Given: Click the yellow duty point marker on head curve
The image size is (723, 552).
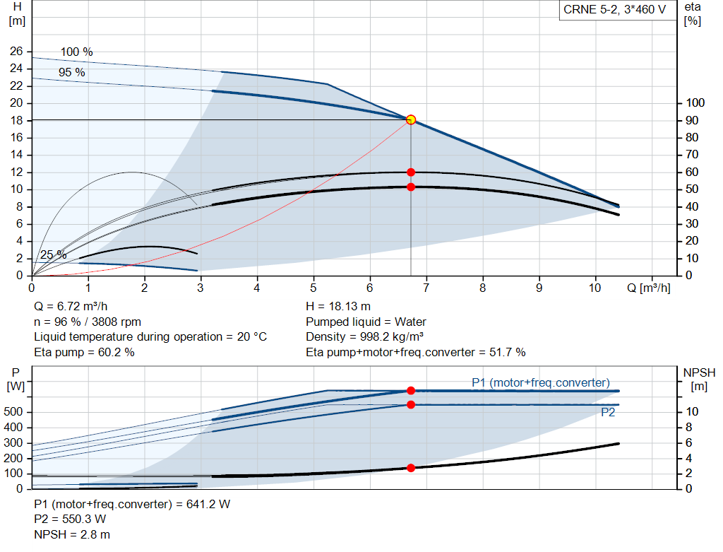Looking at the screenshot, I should (411, 119).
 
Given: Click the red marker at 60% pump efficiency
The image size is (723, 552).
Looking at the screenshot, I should (411, 172).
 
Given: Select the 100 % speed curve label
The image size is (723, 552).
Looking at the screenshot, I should (76, 52).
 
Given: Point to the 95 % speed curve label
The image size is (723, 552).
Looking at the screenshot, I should (71, 73).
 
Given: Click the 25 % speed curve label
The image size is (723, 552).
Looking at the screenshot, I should (53, 255).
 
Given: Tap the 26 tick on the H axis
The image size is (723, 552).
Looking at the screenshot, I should (16, 52).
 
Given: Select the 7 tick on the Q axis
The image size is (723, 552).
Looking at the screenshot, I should (426, 288).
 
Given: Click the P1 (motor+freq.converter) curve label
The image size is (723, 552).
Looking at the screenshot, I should (540, 382).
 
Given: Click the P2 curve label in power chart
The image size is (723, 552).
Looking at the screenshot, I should (607, 413).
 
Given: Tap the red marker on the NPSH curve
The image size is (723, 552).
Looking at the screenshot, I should (411, 468).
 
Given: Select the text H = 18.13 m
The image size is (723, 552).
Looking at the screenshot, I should (337, 307).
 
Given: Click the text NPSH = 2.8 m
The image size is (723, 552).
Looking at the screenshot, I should (72, 534).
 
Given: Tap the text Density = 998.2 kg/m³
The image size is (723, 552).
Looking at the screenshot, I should (364, 337).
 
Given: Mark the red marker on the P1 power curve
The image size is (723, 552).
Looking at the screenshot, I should (411, 390).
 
